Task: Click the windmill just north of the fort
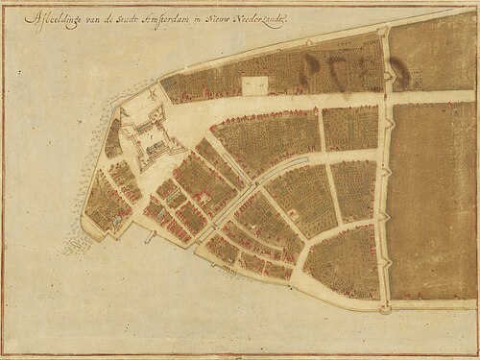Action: [153, 97]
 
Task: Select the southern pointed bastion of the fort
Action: [145, 165]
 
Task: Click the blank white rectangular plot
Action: [255, 86]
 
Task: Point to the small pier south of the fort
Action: [150, 235]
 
